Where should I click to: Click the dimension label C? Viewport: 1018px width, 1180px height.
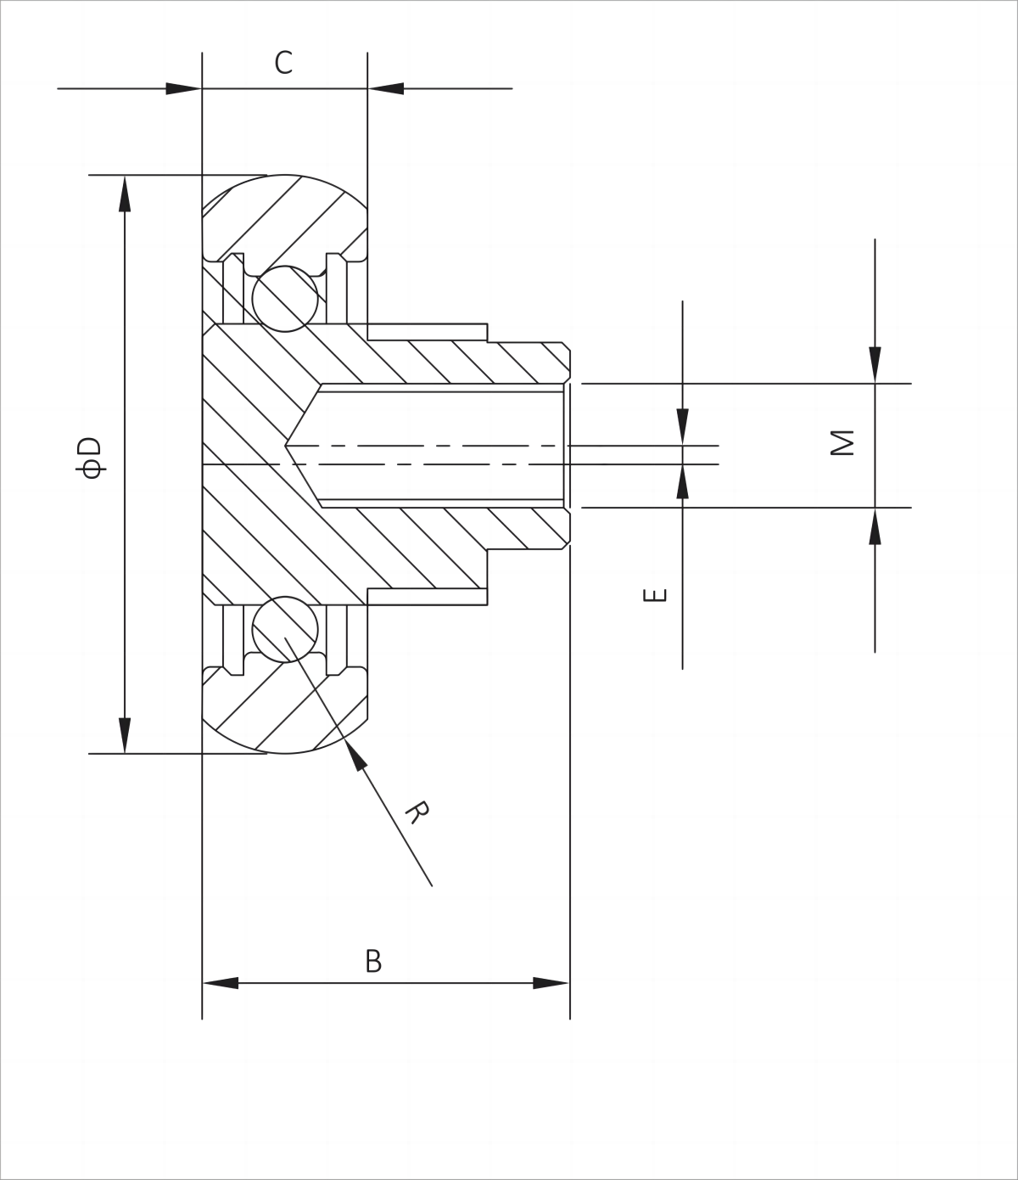point(283,63)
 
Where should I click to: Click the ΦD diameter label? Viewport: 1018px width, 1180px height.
point(90,458)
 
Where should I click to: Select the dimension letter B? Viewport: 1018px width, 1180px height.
point(373,962)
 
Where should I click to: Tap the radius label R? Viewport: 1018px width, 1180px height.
point(417,812)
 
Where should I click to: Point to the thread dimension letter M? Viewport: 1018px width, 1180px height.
point(842,442)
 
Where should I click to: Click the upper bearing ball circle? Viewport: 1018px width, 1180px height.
point(285,299)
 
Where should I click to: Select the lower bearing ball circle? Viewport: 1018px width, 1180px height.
point(285,629)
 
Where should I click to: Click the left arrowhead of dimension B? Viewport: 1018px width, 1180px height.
point(221,983)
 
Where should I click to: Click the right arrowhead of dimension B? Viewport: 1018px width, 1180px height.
point(551,983)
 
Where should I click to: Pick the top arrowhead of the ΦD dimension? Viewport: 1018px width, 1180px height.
point(125,194)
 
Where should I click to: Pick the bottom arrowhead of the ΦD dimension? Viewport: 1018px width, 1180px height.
point(125,735)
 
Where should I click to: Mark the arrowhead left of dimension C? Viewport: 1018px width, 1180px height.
point(183,88)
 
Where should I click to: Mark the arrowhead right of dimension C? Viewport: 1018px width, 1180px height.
point(386,88)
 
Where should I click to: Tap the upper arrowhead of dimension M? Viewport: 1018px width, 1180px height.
point(875,365)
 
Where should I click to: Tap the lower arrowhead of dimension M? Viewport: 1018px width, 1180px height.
point(875,526)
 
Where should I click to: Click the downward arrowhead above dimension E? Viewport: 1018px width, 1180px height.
point(682,427)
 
